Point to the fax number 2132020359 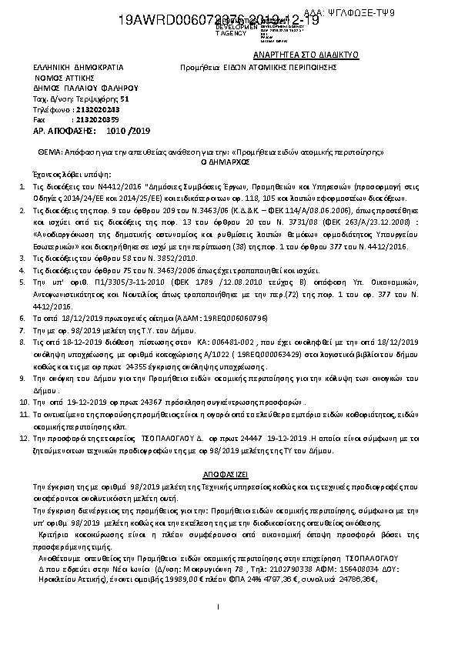coord(95,120)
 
